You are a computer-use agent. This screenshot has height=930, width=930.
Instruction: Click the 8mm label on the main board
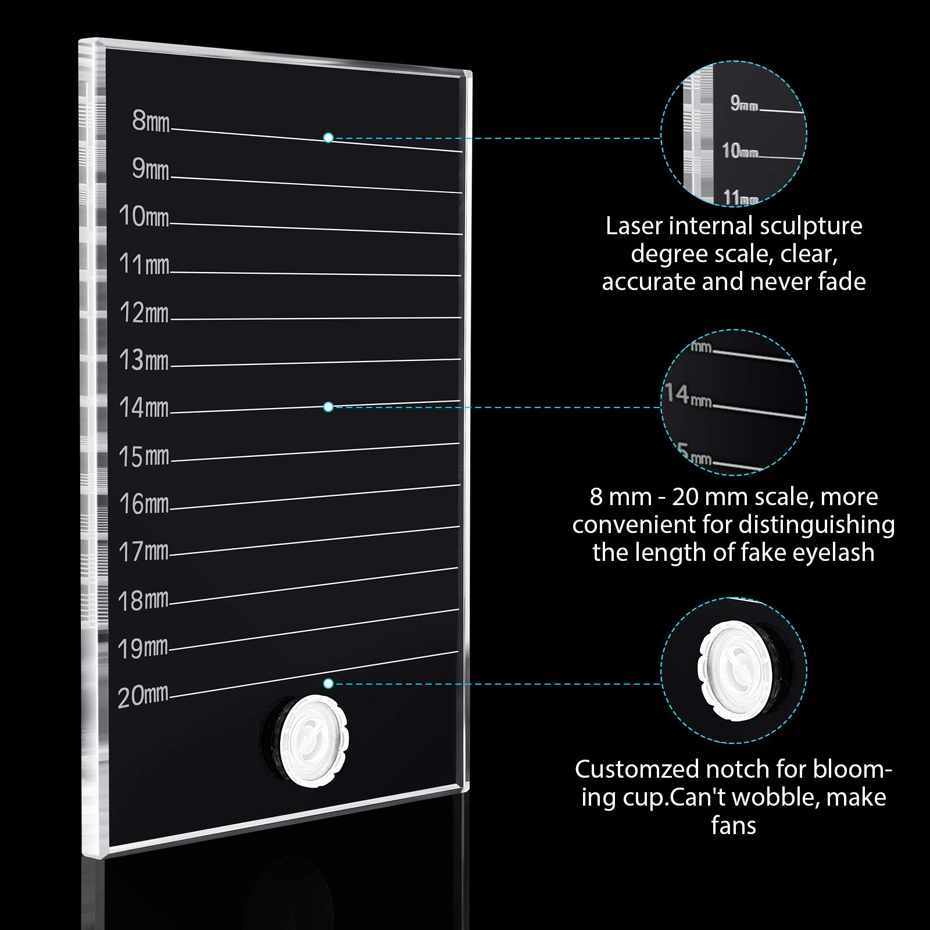point(151,121)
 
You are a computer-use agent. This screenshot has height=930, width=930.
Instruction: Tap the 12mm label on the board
point(144,312)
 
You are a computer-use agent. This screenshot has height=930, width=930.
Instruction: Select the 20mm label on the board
point(143,696)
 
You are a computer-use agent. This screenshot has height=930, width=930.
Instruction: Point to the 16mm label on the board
point(144,503)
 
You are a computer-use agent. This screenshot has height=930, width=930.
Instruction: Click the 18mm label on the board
point(143,600)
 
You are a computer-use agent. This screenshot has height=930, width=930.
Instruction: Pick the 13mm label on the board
point(144,360)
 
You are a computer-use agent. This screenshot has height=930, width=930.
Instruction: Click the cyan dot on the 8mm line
point(328,138)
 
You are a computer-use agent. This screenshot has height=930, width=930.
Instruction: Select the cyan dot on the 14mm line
point(328,407)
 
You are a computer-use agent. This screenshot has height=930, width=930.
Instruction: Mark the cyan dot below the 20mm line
point(328,684)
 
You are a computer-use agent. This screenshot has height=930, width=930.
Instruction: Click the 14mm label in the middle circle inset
point(688,395)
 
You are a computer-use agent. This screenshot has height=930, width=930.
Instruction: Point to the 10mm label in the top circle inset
point(740,151)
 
